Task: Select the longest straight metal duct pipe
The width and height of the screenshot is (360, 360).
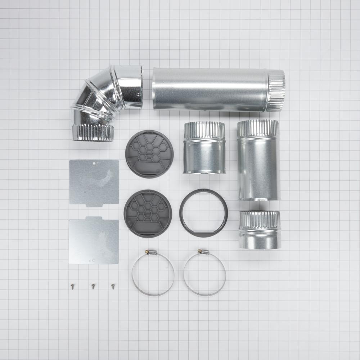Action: (212, 89)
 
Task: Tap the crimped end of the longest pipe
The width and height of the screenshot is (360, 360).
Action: (276, 90)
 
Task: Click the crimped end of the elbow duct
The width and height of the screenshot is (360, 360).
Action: (93, 132)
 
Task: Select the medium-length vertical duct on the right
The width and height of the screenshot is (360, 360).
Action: (258, 160)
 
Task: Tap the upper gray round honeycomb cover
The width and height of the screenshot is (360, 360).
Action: (149, 154)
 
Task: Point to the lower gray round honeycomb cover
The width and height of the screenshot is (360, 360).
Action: (148, 213)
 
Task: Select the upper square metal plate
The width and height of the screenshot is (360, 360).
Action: (94, 182)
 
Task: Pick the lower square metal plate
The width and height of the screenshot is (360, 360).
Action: (94, 240)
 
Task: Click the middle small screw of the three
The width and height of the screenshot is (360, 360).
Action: (93, 286)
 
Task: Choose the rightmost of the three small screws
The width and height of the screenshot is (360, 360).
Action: (113, 286)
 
